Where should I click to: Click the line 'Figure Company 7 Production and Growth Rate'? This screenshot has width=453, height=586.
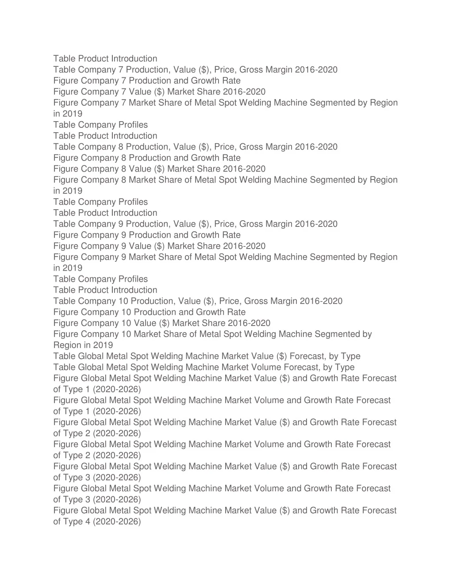click(147, 81)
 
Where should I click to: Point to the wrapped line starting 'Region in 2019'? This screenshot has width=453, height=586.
click(83, 345)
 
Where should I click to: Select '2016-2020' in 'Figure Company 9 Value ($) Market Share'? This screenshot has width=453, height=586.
click(244, 246)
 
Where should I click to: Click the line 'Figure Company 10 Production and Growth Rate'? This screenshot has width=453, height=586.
click(150, 312)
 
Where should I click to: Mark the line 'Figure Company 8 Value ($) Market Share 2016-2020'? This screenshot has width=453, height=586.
click(159, 169)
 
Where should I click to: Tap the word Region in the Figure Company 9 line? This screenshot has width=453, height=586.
click(384, 257)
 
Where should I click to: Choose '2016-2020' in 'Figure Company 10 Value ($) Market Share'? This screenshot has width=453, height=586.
click(249, 323)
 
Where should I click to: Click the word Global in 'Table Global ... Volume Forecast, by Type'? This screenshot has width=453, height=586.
click(91, 368)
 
